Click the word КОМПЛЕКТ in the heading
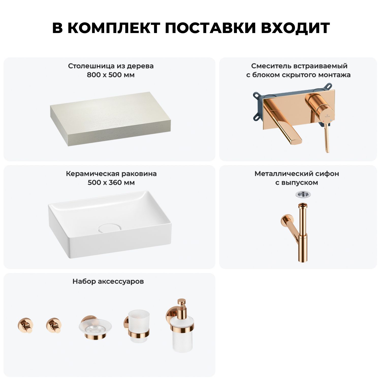[x=114, y=28]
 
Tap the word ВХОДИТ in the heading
[x=295, y=28]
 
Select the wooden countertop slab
[x=110, y=119]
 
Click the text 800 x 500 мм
[x=111, y=75]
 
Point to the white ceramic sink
[x=110, y=225]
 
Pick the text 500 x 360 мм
[x=111, y=183]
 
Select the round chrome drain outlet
[x=303, y=195]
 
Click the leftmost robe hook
[x=25, y=325]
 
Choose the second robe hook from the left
[x=54, y=325]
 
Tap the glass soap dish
[x=95, y=327]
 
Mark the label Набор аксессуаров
[x=108, y=281]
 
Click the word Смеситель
[x=271, y=66]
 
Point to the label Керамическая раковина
[x=111, y=174]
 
